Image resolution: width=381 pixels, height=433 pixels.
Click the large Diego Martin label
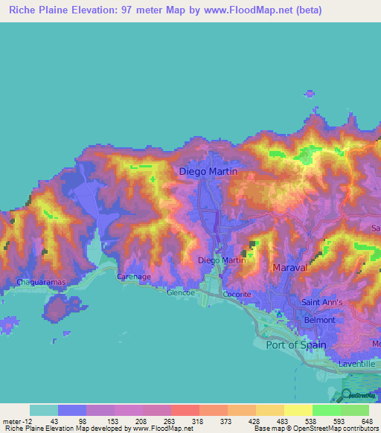click(x=209, y=172)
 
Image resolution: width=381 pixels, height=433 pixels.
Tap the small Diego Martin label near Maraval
click(x=222, y=260)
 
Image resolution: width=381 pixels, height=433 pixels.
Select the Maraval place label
click(x=290, y=267)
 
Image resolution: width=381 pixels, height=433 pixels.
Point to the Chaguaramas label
click(x=41, y=283)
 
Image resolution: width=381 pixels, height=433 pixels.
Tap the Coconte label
click(x=237, y=294)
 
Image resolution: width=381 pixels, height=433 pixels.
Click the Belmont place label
click(x=320, y=320)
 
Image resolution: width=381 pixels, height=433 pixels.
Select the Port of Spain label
click(x=297, y=344)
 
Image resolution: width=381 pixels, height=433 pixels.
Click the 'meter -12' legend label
click(x=17, y=421)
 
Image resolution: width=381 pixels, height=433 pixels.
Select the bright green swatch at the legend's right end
click(x=354, y=410)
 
